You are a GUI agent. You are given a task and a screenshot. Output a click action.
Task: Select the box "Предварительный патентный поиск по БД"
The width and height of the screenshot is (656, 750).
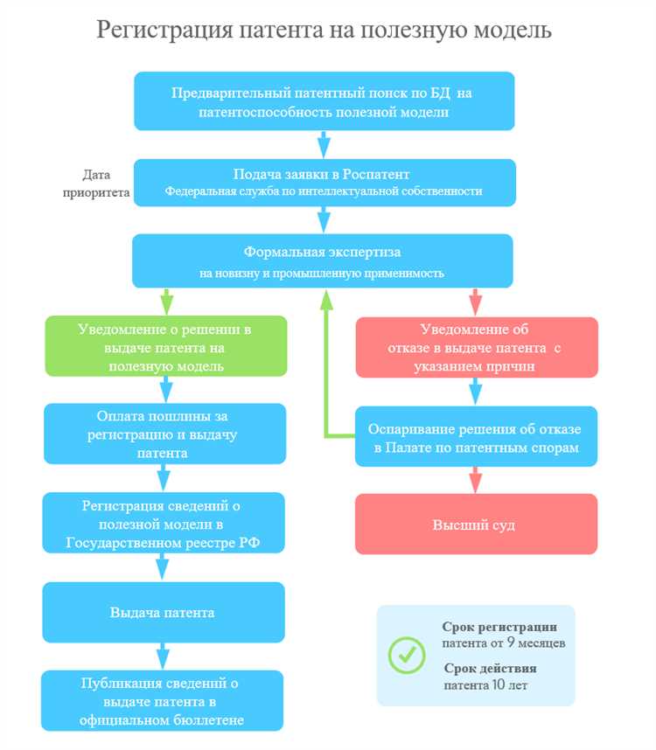pyautogui.click(x=324, y=101)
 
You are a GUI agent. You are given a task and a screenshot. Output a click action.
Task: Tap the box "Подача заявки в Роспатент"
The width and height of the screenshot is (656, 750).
pyautogui.click(x=324, y=182)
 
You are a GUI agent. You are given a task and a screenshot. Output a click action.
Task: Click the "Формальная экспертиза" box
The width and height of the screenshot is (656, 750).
pyautogui.click(x=324, y=260)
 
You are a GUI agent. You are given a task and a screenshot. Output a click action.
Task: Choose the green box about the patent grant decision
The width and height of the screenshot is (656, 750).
pyautogui.click(x=166, y=347)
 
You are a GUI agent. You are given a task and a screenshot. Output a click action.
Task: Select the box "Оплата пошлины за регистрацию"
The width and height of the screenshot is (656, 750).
pyautogui.click(x=165, y=433)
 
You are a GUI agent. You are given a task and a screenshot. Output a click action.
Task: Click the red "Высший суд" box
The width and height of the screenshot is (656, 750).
pyautogui.click(x=476, y=524)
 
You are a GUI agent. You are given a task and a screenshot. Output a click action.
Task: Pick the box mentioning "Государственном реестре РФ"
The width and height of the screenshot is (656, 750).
pyautogui.click(x=164, y=524)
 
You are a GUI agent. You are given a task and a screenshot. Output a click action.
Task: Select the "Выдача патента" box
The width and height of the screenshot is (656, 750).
pyautogui.click(x=164, y=612)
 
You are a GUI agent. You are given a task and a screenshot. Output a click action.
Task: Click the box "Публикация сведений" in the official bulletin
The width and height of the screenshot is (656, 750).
pyautogui.click(x=164, y=700)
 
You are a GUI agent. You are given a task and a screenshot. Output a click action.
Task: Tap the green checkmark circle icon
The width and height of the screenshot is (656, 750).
pyautogui.click(x=407, y=655)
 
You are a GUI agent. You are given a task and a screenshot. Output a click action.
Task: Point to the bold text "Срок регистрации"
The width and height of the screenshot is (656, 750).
pyautogui.click(x=499, y=627)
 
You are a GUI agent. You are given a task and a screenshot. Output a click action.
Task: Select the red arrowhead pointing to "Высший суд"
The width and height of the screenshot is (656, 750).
pyautogui.click(x=476, y=481)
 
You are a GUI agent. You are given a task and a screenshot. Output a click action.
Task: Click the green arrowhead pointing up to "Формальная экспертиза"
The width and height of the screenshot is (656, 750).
pyautogui.click(x=326, y=299)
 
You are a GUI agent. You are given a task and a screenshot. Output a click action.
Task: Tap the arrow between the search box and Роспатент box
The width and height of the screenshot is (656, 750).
pyautogui.click(x=324, y=142)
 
